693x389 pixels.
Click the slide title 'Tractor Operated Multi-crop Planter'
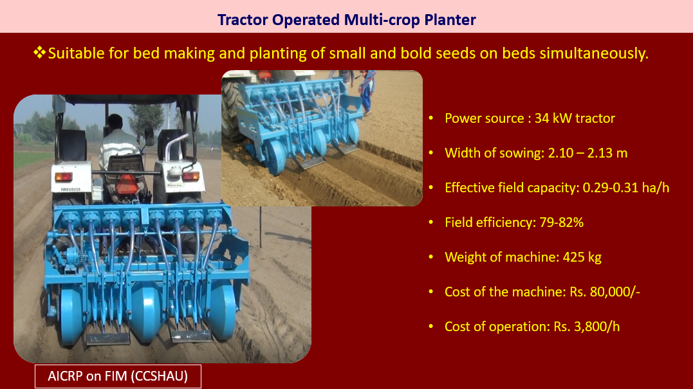(346, 20)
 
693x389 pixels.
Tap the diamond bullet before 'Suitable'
(39, 53)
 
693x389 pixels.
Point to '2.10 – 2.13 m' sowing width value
(587, 153)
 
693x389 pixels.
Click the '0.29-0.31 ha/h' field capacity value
(626, 188)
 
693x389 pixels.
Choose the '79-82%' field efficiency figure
(561, 222)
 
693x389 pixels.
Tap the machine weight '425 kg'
(582, 257)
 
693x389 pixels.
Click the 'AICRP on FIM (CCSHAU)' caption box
(118, 376)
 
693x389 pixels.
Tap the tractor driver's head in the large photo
(115, 122)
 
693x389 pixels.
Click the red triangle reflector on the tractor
(127, 184)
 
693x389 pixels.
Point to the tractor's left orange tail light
(63, 177)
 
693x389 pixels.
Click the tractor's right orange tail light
(190, 176)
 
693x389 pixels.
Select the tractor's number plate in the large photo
(71, 190)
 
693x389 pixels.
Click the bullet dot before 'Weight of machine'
(431, 257)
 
